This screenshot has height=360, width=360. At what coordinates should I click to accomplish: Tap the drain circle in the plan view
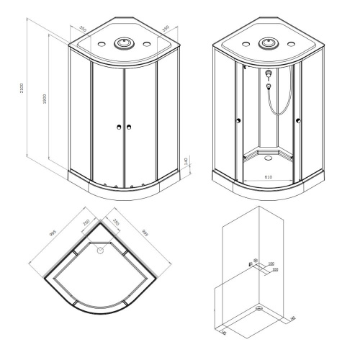click(99, 251)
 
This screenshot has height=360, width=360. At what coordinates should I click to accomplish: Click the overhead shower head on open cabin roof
click(269, 43)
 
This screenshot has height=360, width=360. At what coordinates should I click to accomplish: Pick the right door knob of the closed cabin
click(130, 127)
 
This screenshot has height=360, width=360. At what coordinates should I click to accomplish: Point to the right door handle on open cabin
click(295, 122)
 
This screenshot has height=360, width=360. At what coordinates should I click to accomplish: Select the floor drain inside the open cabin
click(267, 153)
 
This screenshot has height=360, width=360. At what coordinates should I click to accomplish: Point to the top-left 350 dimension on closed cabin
click(83, 30)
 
